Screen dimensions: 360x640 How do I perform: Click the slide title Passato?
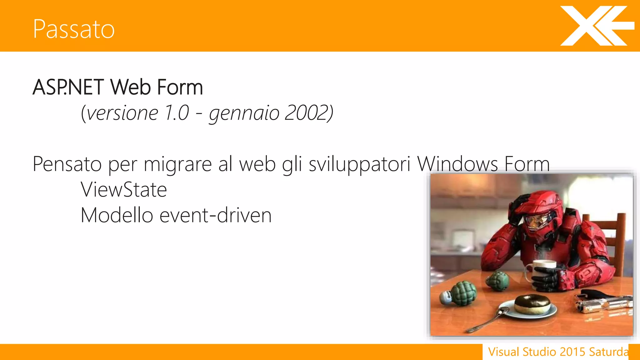coord(74,29)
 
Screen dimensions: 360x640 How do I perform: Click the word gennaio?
coord(244,113)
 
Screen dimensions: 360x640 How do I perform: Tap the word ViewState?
coord(124,190)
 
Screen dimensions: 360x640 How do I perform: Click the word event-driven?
coord(216,215)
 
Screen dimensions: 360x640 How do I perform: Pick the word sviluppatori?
coord(359,164)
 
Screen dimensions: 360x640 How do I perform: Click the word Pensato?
coord(67,164)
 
